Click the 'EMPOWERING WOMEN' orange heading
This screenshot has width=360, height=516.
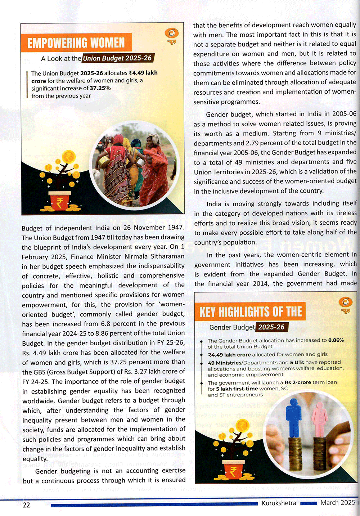76,43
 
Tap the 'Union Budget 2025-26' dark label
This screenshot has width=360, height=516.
118,58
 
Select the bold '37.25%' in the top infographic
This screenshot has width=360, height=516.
100,88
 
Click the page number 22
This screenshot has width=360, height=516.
26,505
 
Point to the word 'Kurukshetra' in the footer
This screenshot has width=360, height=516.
279,503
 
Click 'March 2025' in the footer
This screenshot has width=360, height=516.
338,503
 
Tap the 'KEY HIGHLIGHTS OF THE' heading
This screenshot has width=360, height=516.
251,312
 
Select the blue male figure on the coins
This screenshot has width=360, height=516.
293,418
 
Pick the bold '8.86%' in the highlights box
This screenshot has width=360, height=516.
336,340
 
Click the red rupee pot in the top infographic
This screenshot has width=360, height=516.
60,202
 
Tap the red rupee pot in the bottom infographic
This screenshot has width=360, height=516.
233,470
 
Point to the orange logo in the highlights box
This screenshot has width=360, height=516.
345,303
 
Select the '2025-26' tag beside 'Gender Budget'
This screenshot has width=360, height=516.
271,327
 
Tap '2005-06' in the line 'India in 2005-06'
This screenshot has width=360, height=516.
344,114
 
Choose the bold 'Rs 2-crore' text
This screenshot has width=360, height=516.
298,382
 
